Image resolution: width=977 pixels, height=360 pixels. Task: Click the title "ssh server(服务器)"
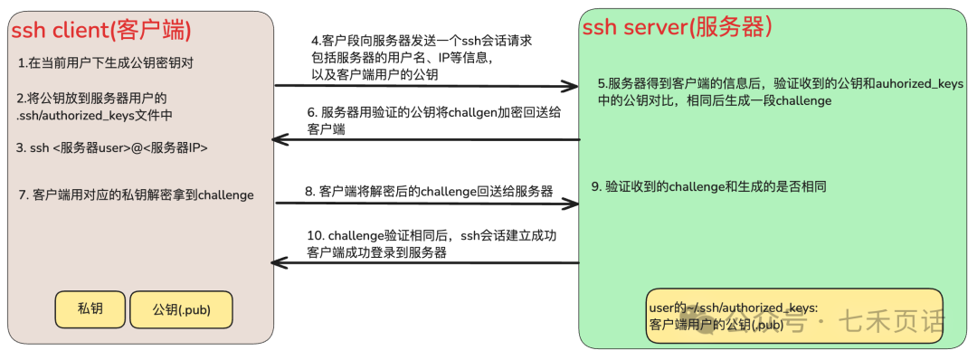[677, 27]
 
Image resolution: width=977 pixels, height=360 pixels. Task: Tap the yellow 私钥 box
[90, 308]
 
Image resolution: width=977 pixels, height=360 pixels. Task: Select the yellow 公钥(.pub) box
[182, 309]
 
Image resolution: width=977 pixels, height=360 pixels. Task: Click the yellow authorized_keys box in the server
[794, 316]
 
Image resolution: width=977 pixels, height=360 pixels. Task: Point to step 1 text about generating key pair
[106, 63]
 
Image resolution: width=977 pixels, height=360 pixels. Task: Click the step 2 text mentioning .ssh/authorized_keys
[94, 107]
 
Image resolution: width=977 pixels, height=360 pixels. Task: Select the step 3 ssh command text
[112, 147]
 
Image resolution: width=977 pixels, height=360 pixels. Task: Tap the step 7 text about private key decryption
[136, 194]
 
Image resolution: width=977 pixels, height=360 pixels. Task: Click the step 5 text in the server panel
[779, 91]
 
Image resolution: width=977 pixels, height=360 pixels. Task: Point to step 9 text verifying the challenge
[708, 186]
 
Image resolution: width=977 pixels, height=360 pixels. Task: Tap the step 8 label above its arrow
[429, 192]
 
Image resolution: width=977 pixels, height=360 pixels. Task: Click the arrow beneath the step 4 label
[425, 87]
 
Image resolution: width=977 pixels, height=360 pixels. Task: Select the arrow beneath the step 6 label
[425, 140]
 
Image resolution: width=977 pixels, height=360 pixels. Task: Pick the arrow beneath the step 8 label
[425, 204]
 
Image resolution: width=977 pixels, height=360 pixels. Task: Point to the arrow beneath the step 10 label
[425, 263]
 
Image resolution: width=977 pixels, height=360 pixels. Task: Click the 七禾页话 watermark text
[891, 321]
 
